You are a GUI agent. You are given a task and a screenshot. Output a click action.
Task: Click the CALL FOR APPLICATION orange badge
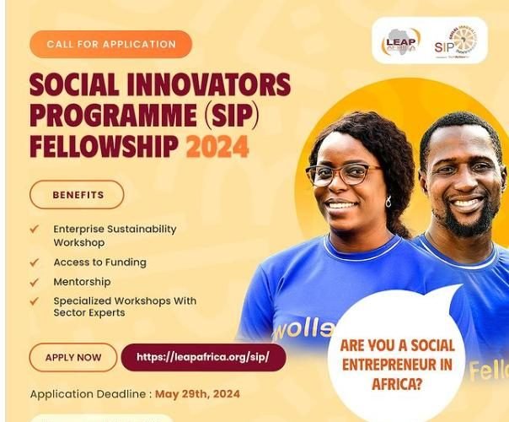point(111,44)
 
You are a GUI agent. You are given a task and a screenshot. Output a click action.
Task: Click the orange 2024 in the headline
point(217,147)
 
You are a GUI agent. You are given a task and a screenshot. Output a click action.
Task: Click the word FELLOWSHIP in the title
point(104,147)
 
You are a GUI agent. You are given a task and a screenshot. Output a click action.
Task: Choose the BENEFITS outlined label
point(78,195)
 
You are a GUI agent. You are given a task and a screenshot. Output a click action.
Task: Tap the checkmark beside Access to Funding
point(35,262)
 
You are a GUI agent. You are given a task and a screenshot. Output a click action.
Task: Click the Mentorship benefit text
point(82,282)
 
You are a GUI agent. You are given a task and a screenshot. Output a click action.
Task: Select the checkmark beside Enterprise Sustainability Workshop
point(35,229)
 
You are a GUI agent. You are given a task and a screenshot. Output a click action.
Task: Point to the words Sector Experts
point(89,313)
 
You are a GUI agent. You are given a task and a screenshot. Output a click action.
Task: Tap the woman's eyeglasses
point(343,174)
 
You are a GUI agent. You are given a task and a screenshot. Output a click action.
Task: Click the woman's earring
point(388,203)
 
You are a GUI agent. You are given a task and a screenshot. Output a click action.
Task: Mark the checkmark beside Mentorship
point(35,282)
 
